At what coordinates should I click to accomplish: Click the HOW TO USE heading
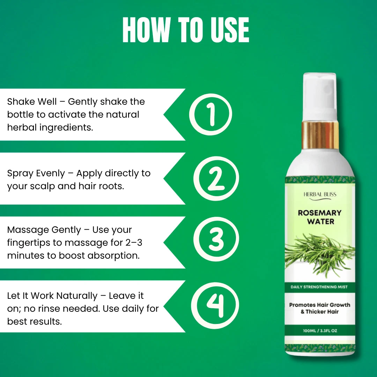pos(186,30)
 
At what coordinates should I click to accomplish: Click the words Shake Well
pos(32,102)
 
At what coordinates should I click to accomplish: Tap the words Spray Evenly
pos(36,173)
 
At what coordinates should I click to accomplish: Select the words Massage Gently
pos(44,230)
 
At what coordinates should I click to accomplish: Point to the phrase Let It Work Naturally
pos(52,296)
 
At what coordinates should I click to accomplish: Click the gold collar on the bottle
pos(320,135)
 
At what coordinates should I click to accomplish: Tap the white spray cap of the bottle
pos(319,97)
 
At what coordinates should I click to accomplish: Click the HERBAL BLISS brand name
pos(320,194)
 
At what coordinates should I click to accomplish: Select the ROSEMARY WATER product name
pos(320,217)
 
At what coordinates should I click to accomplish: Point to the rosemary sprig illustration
pos(320,254)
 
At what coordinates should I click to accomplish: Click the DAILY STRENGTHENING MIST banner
pos(319,287)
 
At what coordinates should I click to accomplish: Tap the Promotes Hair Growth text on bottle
pos(319,305)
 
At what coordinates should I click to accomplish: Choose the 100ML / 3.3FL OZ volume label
pos(320,331)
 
